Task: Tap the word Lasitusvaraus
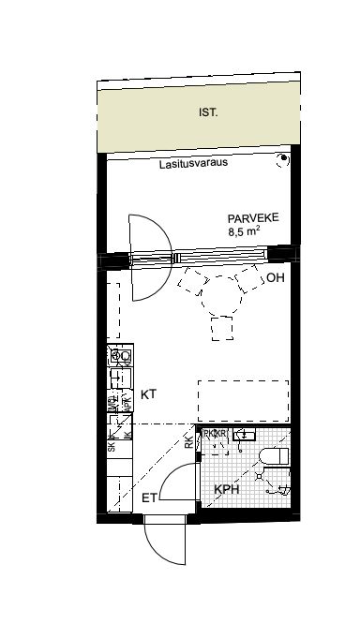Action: (x=192, y=161)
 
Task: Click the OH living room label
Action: (x=274, y=279)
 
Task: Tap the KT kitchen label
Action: (x=148, y=395)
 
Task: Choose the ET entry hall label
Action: (x=148, y=498)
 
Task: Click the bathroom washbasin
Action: (x=243, y=435)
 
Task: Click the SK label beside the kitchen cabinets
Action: (x=112, y=447)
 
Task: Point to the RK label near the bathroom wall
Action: (x=188, y=440)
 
